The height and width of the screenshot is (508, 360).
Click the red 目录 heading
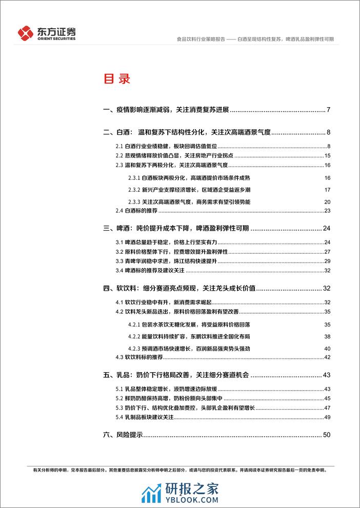pos(117,79)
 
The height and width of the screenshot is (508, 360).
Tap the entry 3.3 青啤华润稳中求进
pos(157,261)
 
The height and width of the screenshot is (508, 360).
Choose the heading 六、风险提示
pos(123,435)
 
